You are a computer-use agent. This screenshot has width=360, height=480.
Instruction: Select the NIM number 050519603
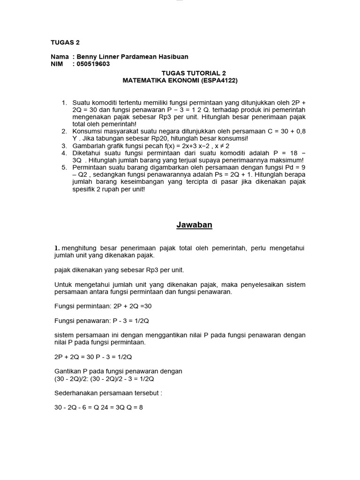click(91, 64)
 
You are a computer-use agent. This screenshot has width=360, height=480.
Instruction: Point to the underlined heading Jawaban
click(194, 225)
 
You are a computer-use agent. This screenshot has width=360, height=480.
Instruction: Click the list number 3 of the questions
click(64, 146)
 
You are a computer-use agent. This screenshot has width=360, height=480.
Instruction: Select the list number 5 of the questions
click(64, 167)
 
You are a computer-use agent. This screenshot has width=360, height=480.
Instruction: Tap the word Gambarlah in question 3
click(88, 146)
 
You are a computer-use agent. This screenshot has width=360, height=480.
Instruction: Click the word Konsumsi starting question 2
click(87, 131)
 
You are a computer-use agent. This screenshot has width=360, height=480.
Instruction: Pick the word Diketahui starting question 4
click(87, 153)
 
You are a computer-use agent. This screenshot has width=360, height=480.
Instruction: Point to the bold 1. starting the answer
click(57, 248)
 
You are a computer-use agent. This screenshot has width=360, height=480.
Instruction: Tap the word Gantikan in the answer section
click(67, 371)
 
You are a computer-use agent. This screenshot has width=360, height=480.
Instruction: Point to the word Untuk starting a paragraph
click(63, 285)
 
